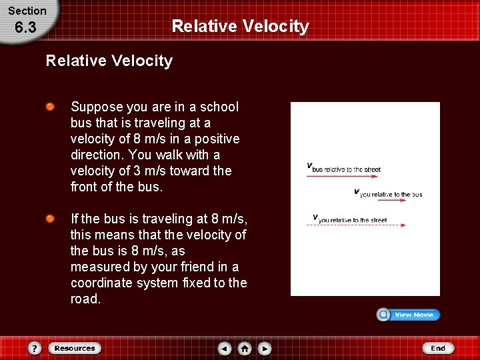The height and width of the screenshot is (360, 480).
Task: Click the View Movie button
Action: (x=408, y=315)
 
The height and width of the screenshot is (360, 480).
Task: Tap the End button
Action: (x=437, y=348)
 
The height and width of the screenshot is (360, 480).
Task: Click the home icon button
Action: (x=245, y=348)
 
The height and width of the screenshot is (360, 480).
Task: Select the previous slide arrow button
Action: (x=225, y=348)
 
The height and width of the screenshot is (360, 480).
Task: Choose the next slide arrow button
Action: (x=265, y=348)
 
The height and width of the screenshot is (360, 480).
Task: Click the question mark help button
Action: (x=35, y=348)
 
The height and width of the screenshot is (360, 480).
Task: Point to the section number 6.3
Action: (x=26, y=28)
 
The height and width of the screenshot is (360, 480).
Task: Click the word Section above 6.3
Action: (x=27, y=11)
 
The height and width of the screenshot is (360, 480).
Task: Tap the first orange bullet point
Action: (x=50, y=107)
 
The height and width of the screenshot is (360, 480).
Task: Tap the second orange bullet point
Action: (x=50, y=219)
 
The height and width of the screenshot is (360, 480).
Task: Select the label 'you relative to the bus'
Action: (x=390, y=195)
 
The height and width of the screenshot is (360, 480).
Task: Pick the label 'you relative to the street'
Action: (x=352, y=220)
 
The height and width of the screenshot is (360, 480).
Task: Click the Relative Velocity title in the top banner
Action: (x=240, y=26)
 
